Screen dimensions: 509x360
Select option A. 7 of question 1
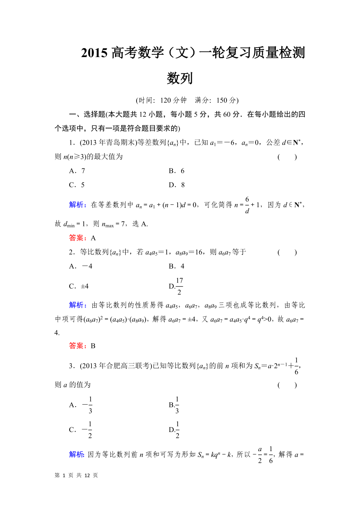tap(77, 171)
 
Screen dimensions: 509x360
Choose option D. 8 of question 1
tap(176, 185)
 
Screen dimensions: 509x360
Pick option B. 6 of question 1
tap(176, 171)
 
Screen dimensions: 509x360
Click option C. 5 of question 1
tap(77, 185)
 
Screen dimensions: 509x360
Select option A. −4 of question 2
tap(81, 266)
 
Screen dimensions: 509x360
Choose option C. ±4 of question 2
tap(79, 286)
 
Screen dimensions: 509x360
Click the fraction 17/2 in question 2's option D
tap(179, 286)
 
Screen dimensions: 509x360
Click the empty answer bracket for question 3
tap(287, 385)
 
